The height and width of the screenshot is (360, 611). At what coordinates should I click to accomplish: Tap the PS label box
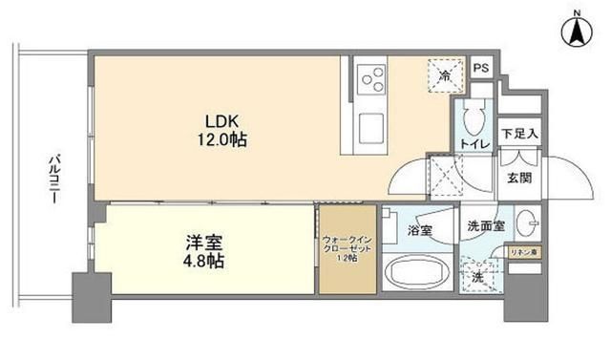[482, 68]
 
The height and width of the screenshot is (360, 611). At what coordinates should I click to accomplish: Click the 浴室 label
[420, 230]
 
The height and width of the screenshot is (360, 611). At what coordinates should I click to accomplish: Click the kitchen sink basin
[369, 124]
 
